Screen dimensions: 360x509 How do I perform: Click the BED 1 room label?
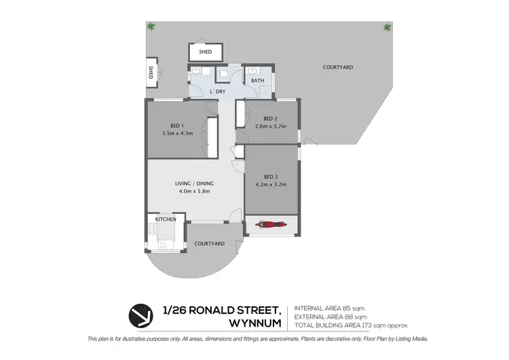pos(178,124)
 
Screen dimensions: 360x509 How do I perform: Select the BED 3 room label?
pos(271,177)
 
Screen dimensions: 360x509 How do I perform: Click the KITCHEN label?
pos(166,219)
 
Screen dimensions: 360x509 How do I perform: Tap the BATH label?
pos(258,81)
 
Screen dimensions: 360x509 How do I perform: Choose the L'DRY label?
pos(218,91)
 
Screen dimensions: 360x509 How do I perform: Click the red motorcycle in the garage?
pos(269,224)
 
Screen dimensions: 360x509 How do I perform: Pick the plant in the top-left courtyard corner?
pos(151,26)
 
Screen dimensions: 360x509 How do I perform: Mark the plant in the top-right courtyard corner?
pos(387,27)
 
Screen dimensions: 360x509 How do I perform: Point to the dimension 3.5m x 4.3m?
pos(178,133)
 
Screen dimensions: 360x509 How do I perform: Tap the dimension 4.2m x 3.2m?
pos(271,185)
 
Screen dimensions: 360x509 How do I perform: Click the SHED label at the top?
pos(205,52)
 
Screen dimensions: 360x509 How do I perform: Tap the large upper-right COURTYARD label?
pos(338,67)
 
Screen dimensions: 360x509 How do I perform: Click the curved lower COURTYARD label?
pos(209,243)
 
